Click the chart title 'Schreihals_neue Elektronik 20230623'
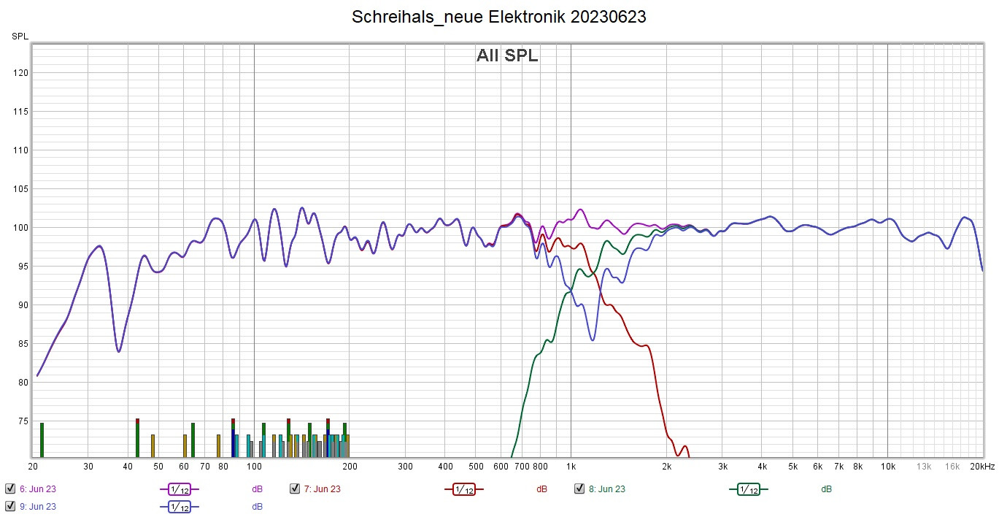498,17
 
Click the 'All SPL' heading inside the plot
507,55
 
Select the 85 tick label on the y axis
23,344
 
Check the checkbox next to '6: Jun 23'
10,489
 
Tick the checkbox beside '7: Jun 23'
295,489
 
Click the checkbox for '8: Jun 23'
579,489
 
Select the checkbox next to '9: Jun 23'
10,506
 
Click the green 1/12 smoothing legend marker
748,489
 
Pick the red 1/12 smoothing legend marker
463,489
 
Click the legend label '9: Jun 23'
38,506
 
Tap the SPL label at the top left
20,36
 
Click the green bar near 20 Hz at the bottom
42,440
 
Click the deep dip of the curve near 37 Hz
118,351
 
